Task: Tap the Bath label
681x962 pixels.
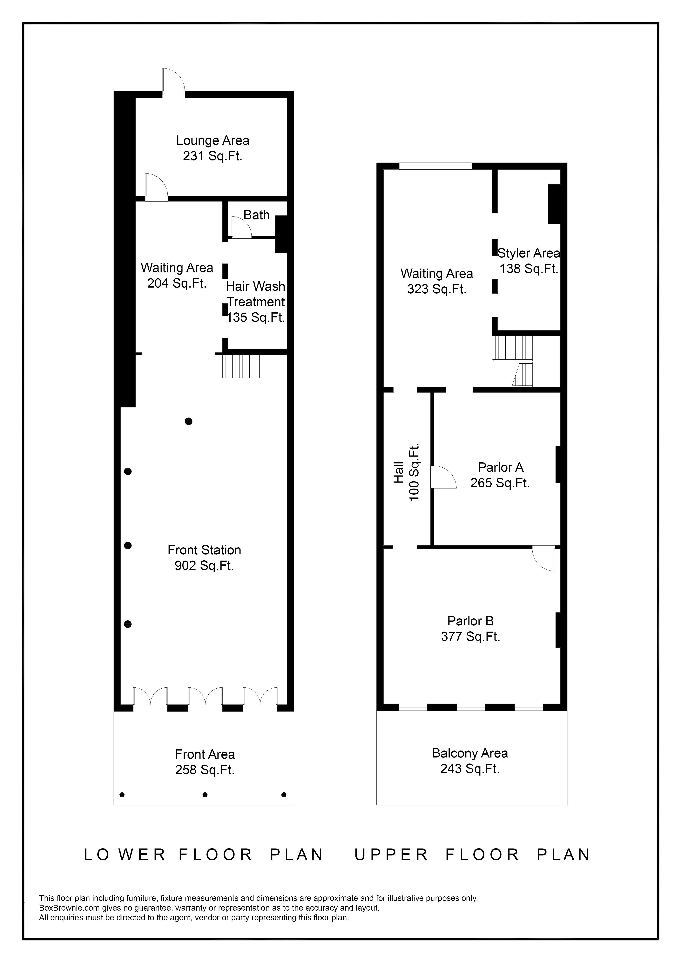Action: pos(256,215)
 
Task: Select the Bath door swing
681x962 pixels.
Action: pos(241,228)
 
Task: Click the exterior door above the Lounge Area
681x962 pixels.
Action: pos(173,80)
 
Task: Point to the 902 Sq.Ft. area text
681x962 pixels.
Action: pos(204,566)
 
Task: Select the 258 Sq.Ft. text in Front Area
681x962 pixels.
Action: pos(205,770)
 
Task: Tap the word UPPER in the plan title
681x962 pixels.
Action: pos(392,855)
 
